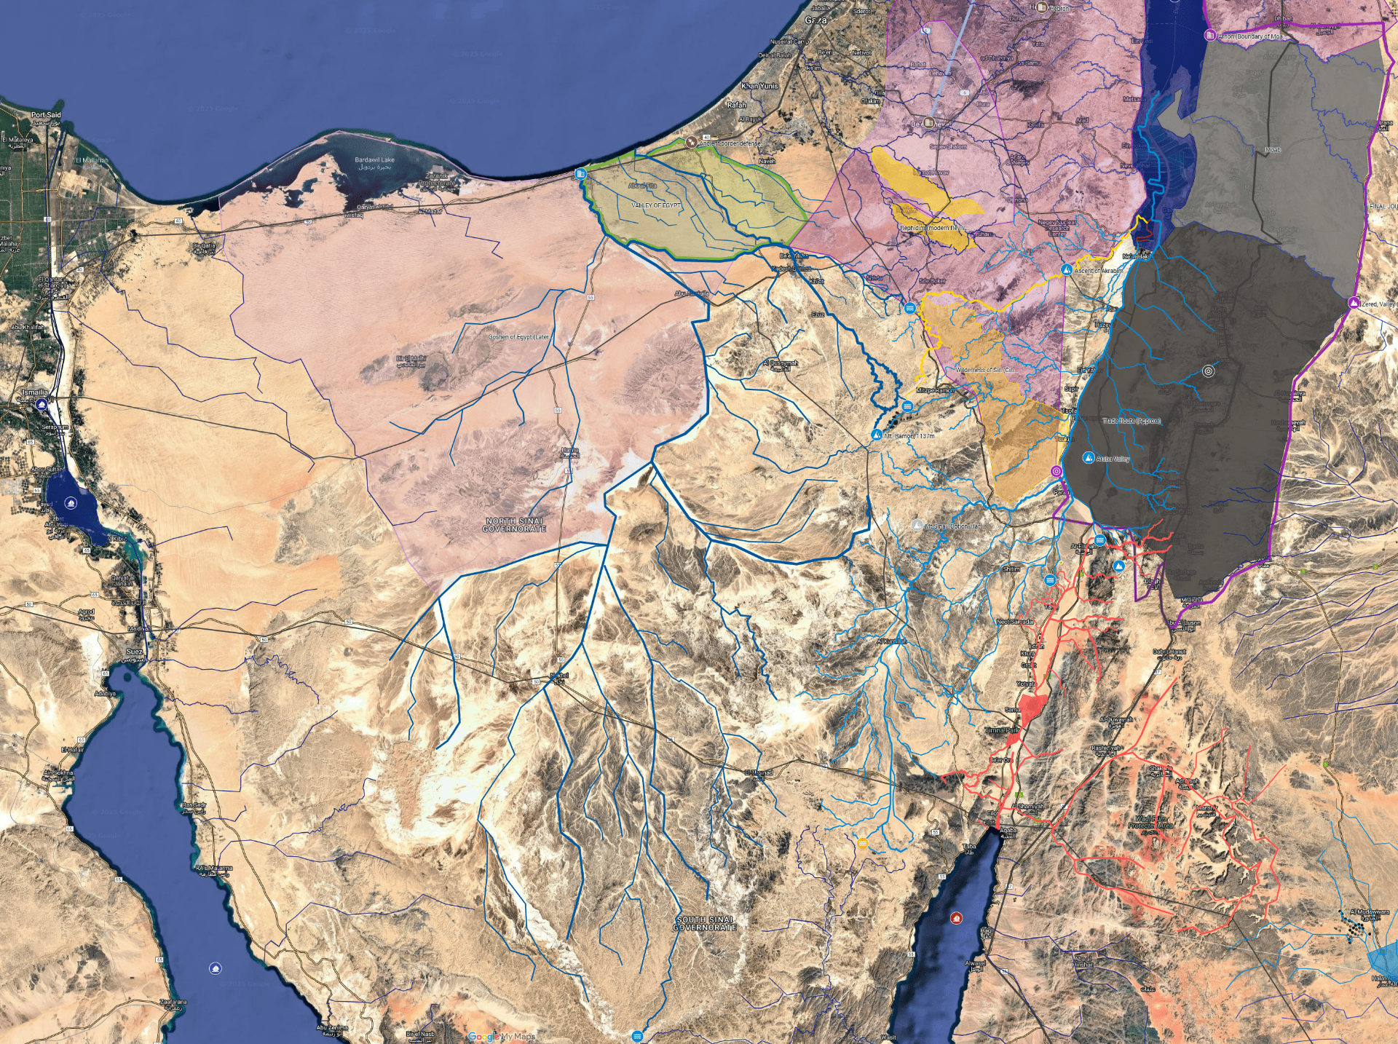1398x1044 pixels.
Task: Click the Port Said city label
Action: pos(46,115)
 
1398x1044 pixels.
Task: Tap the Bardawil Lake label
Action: pos(374,159)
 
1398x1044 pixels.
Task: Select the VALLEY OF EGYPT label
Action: pos(656,206)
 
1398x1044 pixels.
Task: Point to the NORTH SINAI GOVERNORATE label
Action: pos(514,525)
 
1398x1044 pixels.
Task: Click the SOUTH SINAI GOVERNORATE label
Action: pos(705,924)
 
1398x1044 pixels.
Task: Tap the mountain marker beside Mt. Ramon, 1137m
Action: pos(877,435)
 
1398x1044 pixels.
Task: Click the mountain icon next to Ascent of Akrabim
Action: pos(1067,270)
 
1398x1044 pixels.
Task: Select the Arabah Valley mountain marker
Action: pos(1089,458)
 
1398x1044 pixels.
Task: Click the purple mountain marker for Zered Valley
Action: pos(1354,303)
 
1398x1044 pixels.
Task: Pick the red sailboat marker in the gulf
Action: pos(956,918)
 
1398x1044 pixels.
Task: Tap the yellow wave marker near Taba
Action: pos(863,844)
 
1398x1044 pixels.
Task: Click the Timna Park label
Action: pos(1002,730)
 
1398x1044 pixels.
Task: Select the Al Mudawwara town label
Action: pos(1370,911)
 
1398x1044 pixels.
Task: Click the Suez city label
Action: pos(135,652)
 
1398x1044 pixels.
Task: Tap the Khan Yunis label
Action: pos(759,86)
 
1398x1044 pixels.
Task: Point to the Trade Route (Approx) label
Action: pos(1131,421)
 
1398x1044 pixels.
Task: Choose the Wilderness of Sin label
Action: pos(984,370)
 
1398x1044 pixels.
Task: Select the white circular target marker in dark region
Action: pos(1209,371)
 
